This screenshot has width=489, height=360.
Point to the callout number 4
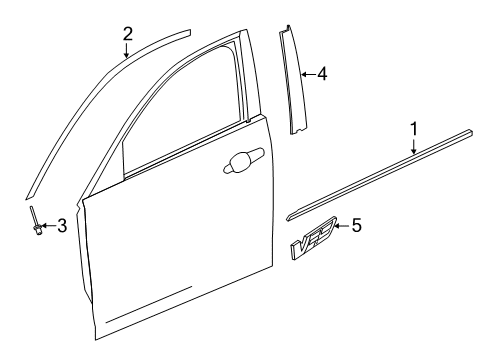(x=321, y=73)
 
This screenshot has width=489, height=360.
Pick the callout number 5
(x=357, y=227)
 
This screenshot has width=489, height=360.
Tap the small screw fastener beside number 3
(x=35, y=224)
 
